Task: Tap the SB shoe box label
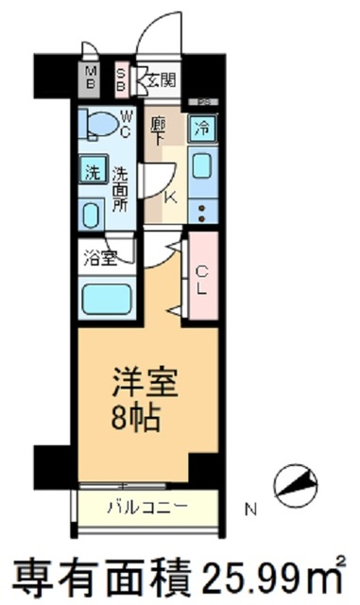[x=122, y=78]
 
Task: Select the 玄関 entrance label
[x=158, y=79]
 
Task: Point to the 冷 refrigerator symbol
[x=202, y=126]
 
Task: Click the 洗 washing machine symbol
[x=92, y=173]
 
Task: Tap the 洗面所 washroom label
[x=121, y=188]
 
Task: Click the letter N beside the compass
[x=250, y=510]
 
